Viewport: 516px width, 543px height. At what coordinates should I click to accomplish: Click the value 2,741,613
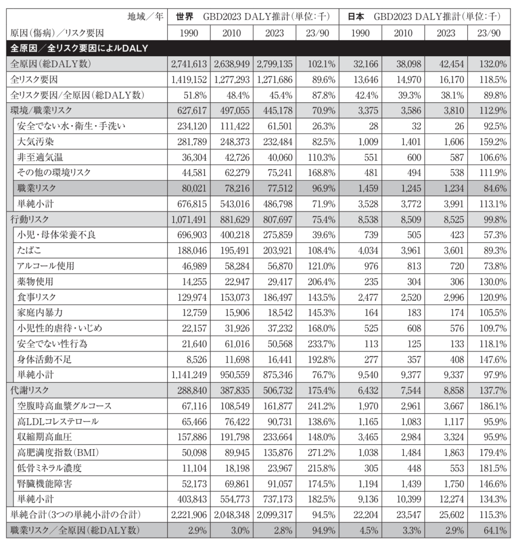click(x=188, y=64)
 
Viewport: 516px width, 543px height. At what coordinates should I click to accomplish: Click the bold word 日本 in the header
click(x=356, y=17)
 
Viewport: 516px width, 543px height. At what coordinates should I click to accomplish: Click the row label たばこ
click(x=29, y=250)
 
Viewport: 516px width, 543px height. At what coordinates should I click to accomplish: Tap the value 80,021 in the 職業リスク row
click(x=188, y=188)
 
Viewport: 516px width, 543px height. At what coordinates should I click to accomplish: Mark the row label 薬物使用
click(x=35, y=281)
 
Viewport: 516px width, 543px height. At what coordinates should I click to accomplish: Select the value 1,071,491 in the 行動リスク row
click(x=188, y=219)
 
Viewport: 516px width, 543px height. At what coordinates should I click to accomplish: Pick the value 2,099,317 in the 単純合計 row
click(x=274, y=514)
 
